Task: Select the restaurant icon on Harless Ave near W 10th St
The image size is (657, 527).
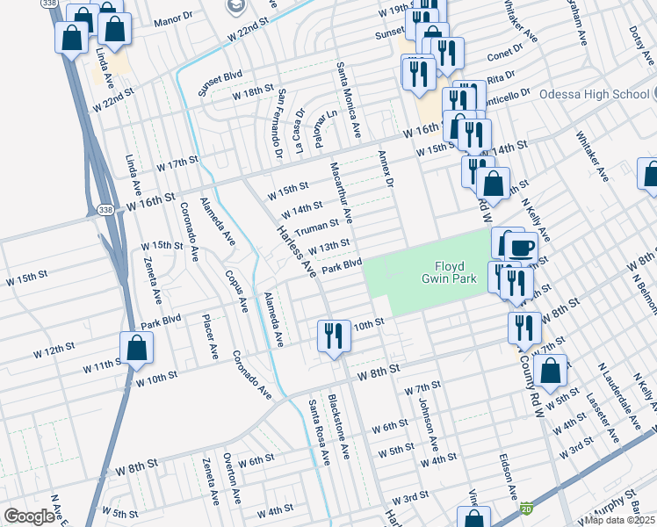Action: [333, 338]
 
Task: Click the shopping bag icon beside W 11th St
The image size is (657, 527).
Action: [138, 349]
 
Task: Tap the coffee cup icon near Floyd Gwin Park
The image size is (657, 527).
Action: [521, 249]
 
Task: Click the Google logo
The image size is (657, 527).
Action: [30, 516]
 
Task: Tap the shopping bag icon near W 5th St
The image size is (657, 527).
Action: [550, 372]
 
